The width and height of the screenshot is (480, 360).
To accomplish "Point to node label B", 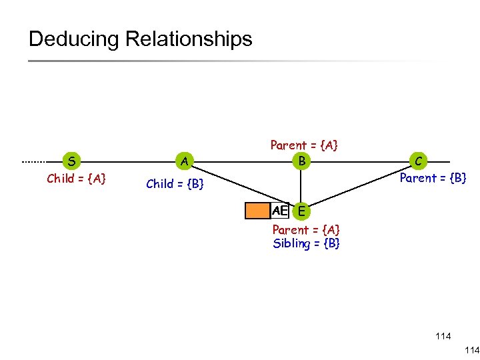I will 302,161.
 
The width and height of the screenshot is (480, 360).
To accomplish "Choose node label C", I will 419,161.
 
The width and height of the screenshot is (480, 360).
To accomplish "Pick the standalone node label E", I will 302,211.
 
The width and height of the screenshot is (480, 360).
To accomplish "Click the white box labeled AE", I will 279,211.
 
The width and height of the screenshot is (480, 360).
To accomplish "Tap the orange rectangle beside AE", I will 257,211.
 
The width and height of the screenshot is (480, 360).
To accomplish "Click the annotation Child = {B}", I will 175,184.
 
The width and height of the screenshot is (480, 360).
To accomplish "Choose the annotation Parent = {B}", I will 433,178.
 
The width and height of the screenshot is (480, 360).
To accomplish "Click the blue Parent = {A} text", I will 306,230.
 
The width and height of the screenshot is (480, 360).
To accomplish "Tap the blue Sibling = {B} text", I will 306,243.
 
